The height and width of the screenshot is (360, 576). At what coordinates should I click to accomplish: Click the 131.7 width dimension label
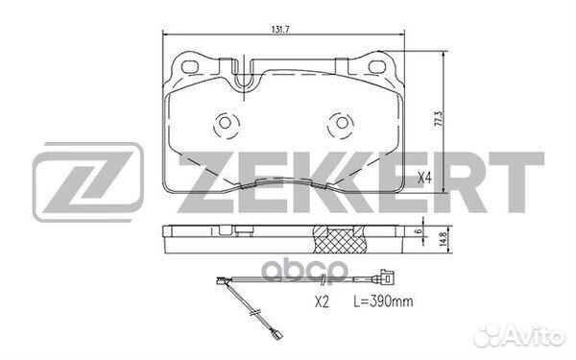coord(280,30)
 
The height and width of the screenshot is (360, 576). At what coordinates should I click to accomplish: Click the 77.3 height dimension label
coord(438,119)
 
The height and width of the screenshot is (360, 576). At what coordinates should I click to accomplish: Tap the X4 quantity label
coord(425,178)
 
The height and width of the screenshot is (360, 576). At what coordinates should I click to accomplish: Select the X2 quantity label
coord(322,302)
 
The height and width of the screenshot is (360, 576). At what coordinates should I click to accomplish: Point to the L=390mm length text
coord(383,301)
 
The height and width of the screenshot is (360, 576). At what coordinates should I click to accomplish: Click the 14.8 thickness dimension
coord(444,239)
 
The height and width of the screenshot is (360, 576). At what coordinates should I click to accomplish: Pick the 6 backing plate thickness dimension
coord(417,231)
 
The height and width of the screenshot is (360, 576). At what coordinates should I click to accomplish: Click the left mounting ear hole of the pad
coord(190,67)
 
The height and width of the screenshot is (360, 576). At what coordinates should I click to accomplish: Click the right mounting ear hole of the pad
coord(376,66)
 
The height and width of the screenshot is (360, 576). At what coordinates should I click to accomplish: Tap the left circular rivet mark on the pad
coord(226,123)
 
